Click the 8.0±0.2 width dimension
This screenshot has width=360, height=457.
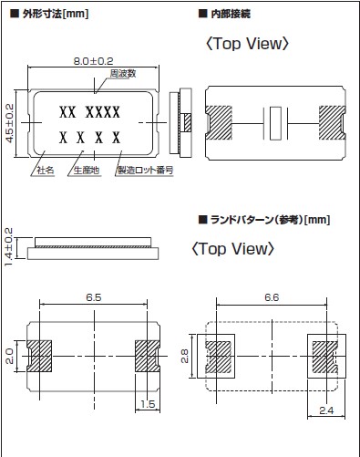pyautogui.click(x=94, y=61)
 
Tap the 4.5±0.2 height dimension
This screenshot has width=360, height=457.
pyautogui.click(x=10, y=123)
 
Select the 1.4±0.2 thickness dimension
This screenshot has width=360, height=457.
pyautogui.click(x=9, y=247)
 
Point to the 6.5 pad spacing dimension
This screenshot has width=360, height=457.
pyautogui.click(x=94, y=297)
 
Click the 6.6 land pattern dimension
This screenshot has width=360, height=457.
pyautogui.click(x=272, y=297)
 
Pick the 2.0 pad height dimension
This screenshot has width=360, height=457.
pyautogui.click(x=9, y=356)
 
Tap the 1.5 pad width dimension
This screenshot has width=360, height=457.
pyautogui.click(x=148, y=404)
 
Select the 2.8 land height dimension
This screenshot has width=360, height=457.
pyautogui.click(x=185, y=356)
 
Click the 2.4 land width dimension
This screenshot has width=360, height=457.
pyautogui.click(x=326, y=410)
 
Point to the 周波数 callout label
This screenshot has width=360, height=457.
pyautogui.click(x=123, y=74)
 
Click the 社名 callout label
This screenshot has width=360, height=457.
pyautogui.click(x=46, y=171)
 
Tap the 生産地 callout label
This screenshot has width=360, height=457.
pyautogui.click(x=87, y=171)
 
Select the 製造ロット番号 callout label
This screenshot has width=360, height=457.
pyautogui.click(x=146, y=171)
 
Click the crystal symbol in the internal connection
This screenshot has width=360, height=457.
pyautogui.click(x=275, y=123)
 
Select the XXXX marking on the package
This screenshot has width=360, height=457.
pyautogui.click(x=103, y=112)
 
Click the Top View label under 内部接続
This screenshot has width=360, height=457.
pyautogui.click(x=247, y=44)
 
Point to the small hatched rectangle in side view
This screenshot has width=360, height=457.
pyautogui.click(x=188, y=123)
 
